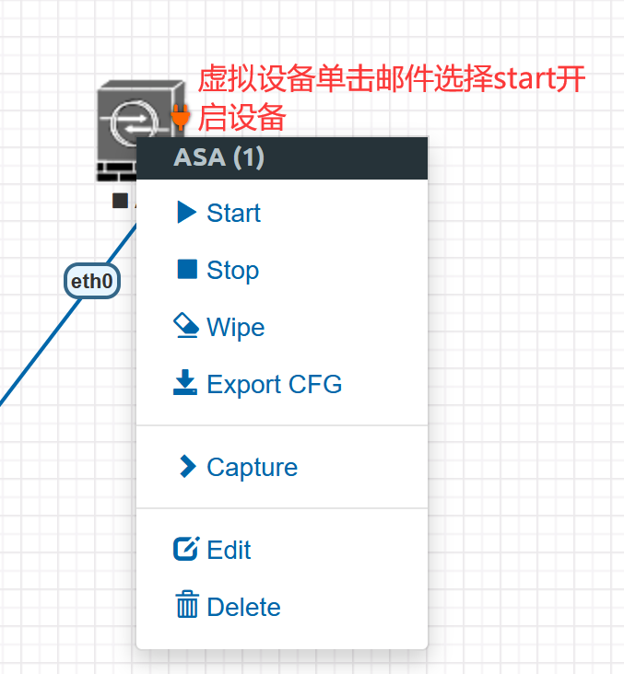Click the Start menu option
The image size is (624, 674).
pyautogui.click(x=218, y=213)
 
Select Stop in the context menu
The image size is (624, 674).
pyautogui.click(x=218, y=270)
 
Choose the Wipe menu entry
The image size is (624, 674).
pyautogui.click(x=218, y=327)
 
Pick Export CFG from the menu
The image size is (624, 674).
pyautogui.click(x=257, y=383)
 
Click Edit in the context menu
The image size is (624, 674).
pyautogui.click(x=212, y=549)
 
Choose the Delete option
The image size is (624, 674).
pyautogui.click(x=228, y=606)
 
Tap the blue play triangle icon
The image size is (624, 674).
pyautogui.click(x=186, y=213)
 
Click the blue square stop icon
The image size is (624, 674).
pyautogui.click(x=187, y=269)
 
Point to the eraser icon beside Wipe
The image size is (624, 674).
pyautogui.click(x=186, y=325)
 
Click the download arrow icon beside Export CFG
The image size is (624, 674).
pyautogui.click(x=185, y=382)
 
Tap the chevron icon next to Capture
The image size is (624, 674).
pyautogui.click(x=188, y=467)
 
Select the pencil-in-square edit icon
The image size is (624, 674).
pyautogui.click(x=186, y=549)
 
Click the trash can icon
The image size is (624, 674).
pyautogui.click(x=187, y=604)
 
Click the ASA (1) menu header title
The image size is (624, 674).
pyautogui.click(x=218, y=157)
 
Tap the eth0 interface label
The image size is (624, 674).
pyautogui.click(x=91, y=281)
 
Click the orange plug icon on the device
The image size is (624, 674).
pyautogui.click(x=181, y=117)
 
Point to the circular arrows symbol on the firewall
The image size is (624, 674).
pyautogui.click(x=133, y=122)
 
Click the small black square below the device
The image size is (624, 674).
pyautogui.click(x=120, y=201)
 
